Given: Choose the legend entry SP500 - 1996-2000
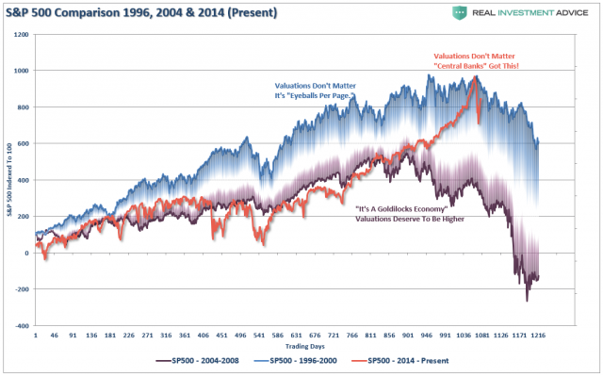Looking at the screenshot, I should pos(320,359).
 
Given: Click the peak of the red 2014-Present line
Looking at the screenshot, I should pos(475,78).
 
